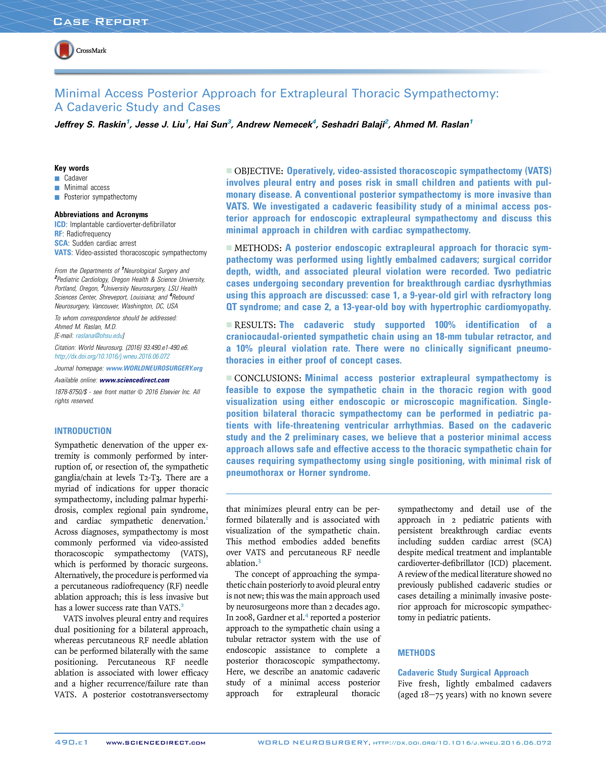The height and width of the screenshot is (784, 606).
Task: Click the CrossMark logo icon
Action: click(x=64, y=50)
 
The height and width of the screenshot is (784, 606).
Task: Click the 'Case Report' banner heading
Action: click(x=101, y=22)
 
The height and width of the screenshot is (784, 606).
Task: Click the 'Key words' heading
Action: click(x=72, y=168)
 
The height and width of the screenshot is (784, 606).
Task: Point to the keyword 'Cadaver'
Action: click(x=76, y=178)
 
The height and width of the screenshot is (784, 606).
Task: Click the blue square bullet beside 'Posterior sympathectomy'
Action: click(x=57, y=197)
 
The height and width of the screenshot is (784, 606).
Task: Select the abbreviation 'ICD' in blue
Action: click(x=60, y=224)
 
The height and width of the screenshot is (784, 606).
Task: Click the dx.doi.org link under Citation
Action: click(x=112, y=356)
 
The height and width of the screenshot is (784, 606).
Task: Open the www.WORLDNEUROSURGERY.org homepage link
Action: click(x=154, y=368)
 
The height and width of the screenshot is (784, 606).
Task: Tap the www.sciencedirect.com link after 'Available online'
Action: click(x=134, y=380)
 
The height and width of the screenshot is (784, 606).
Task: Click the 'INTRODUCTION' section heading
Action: click(x=83, y=431)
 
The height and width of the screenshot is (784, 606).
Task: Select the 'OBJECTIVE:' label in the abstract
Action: click(x=258, y=171)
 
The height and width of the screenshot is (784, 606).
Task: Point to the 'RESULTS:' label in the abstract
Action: click(x=255, y=325)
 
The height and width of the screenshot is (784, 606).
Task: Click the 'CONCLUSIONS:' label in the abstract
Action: click(x=267, y=378)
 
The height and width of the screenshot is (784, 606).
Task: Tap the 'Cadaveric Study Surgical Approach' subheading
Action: click(x=463, y=673)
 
